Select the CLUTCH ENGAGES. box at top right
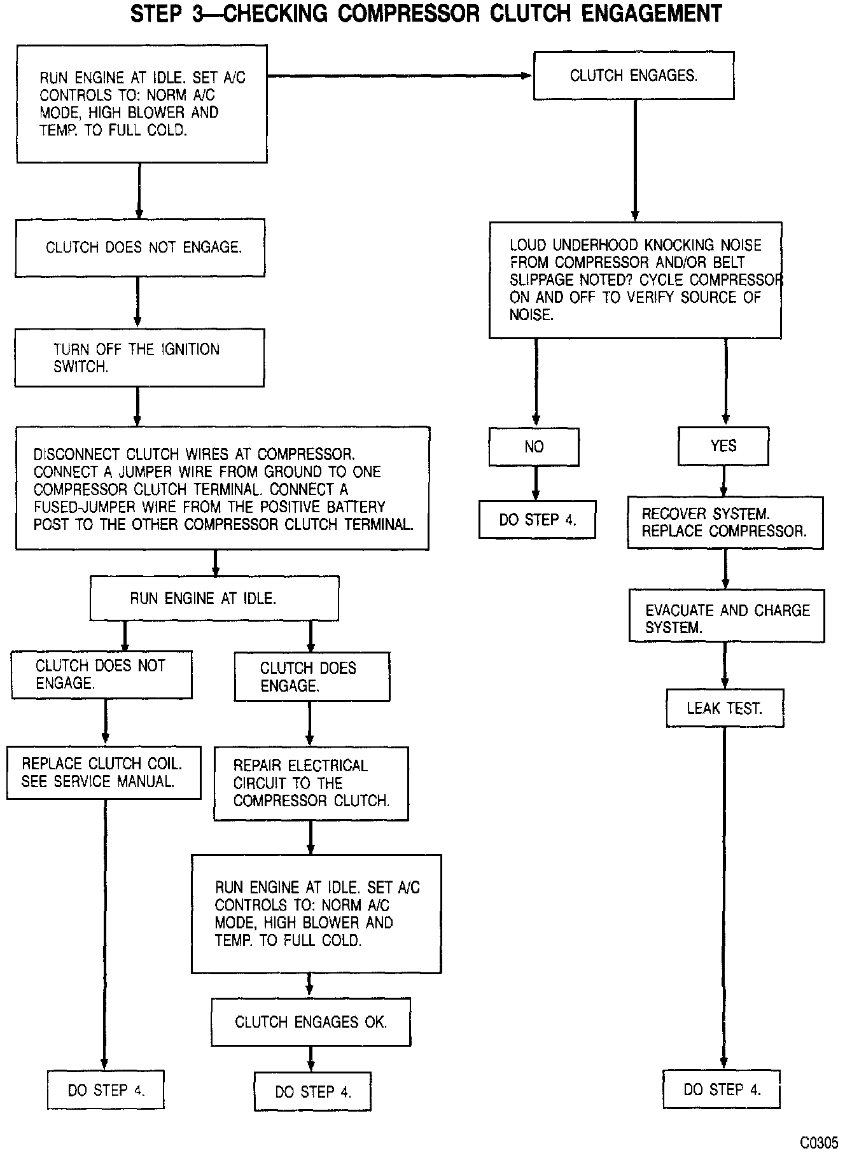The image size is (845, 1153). click(x=634, y=76)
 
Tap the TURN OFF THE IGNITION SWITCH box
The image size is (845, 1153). click(x=139, y=358)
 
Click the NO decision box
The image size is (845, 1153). click(x=534, y=447)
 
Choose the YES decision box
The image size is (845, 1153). click(x=723, y=446)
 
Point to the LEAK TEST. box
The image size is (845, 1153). click(x=725, y=708)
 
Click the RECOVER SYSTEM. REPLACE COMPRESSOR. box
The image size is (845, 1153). click(x=725, y=522)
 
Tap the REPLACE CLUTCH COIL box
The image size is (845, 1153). click(x=104, y=772)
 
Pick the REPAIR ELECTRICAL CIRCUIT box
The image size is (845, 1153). click(x=311, y=783)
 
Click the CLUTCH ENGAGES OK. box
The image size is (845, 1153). click(x=311, y=1022)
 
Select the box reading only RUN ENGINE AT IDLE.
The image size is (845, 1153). click(x=214, y=598)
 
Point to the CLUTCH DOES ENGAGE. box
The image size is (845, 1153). click(x=312, y=676)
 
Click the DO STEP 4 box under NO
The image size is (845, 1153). click(x=538, y=520)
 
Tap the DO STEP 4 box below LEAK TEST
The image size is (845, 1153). click(x=722, y=1089)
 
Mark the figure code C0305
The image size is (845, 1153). click(x=819, y=1142)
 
